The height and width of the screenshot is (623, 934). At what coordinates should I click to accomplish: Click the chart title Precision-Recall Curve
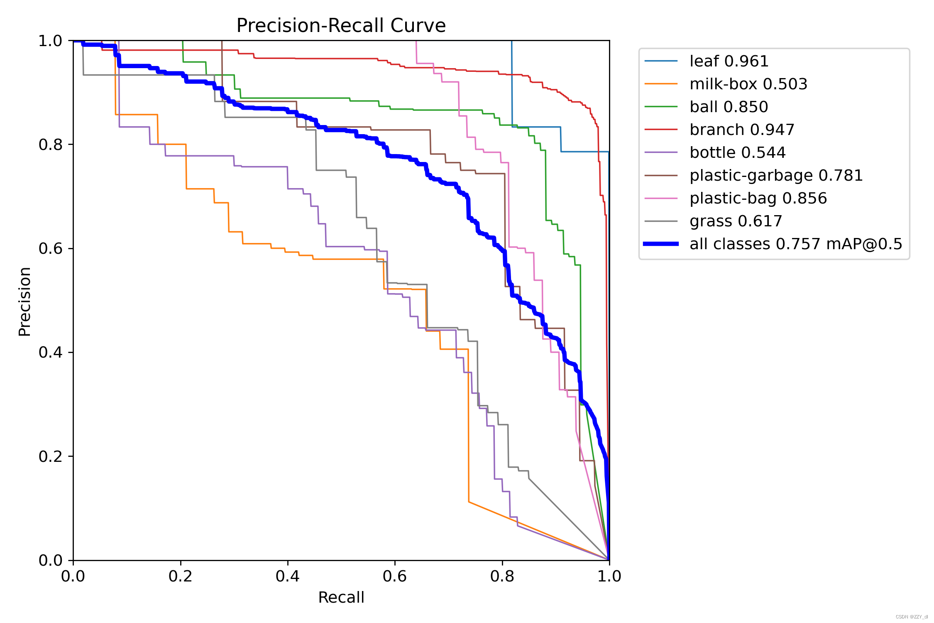click(x=341, y=25)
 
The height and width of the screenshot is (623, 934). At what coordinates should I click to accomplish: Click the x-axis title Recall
click(x=341, y=597)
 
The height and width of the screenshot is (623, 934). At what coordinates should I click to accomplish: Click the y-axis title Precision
click(x=24, y=301)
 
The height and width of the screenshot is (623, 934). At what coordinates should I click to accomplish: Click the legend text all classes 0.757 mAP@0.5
click(x=796, y=244)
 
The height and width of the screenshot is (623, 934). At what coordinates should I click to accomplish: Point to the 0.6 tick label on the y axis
click(x=50, y=248)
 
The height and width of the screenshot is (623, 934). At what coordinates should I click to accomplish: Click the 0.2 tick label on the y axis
click(x=50, y=456)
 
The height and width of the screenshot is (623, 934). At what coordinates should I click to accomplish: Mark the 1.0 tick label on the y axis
click(x=50, y=41)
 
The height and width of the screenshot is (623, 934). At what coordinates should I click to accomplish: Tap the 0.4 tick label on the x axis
click(x=288, y=576)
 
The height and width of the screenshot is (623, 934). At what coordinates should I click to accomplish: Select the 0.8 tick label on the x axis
click(x=502, y=576)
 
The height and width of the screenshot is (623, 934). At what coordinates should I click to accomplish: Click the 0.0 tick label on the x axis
click(x=73, y=576)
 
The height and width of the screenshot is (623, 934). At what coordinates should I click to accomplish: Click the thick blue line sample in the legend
click(x=661, y=244)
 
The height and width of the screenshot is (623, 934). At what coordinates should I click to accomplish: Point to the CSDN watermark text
click(x=912, y=617)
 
